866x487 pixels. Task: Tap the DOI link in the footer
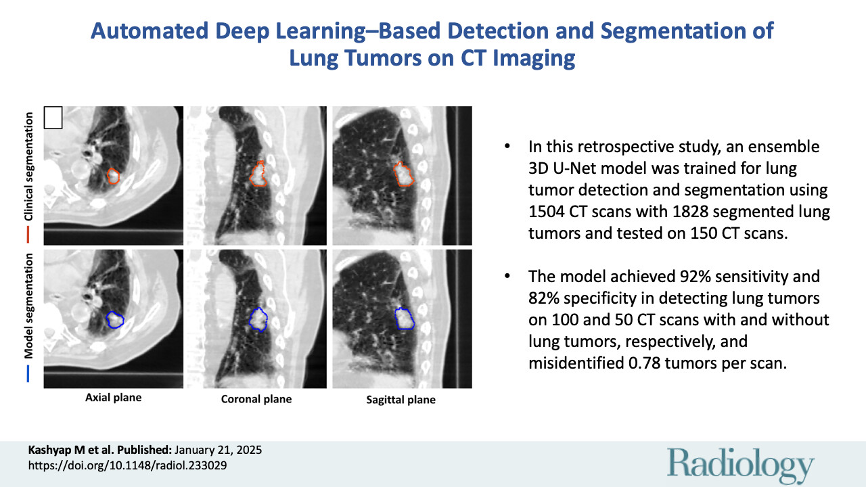point(128,465)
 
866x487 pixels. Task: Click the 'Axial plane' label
point(113,398)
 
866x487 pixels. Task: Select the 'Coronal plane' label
point(256,399)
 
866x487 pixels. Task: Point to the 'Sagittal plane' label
point(401,400)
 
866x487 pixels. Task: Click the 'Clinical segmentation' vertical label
point(28,166)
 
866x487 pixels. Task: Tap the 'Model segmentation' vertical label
point(28,306)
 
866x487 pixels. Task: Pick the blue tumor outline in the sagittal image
point(396,318)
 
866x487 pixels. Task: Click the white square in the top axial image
point(53,118)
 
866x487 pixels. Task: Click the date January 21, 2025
point(219,450)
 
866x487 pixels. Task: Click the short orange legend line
point(28,235)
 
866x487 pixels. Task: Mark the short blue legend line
point(28,374)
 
